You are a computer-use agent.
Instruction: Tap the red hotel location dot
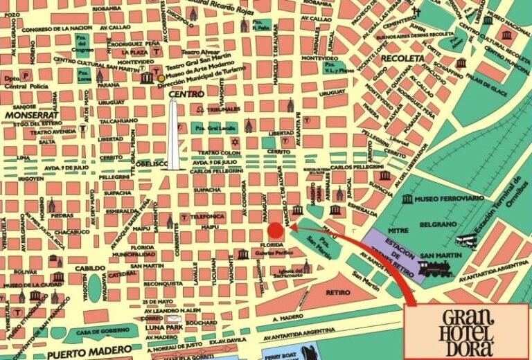[275, 230]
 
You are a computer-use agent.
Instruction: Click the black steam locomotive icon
[435, 267]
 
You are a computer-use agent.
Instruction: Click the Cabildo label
[91, 267]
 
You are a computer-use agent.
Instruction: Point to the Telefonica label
[209, 217]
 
